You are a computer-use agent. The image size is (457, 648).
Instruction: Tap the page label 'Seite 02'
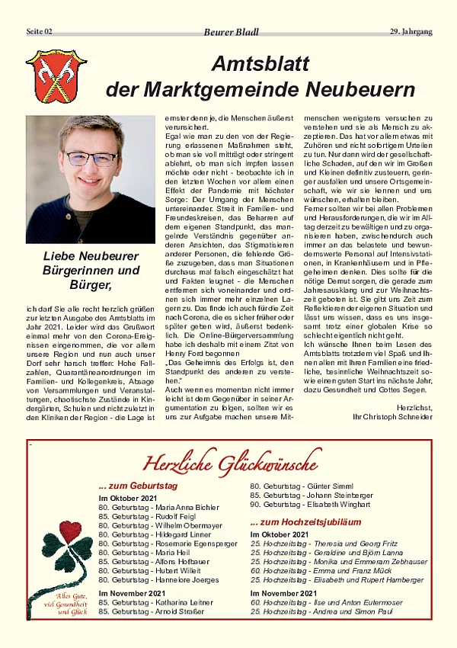(x=40, y=31)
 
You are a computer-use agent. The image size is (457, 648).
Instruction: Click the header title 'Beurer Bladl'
(x=232, y=32)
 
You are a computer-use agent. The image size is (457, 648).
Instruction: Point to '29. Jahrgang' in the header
(x=411, y=31)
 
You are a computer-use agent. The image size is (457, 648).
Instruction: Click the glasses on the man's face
(x=91, y=159)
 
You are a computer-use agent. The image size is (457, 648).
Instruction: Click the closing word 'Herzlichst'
(x=414, y=407)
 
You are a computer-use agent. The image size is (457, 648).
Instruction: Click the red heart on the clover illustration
(x=70, y=529)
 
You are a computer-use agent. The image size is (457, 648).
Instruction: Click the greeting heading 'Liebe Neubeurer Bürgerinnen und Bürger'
(x=91, y=271)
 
